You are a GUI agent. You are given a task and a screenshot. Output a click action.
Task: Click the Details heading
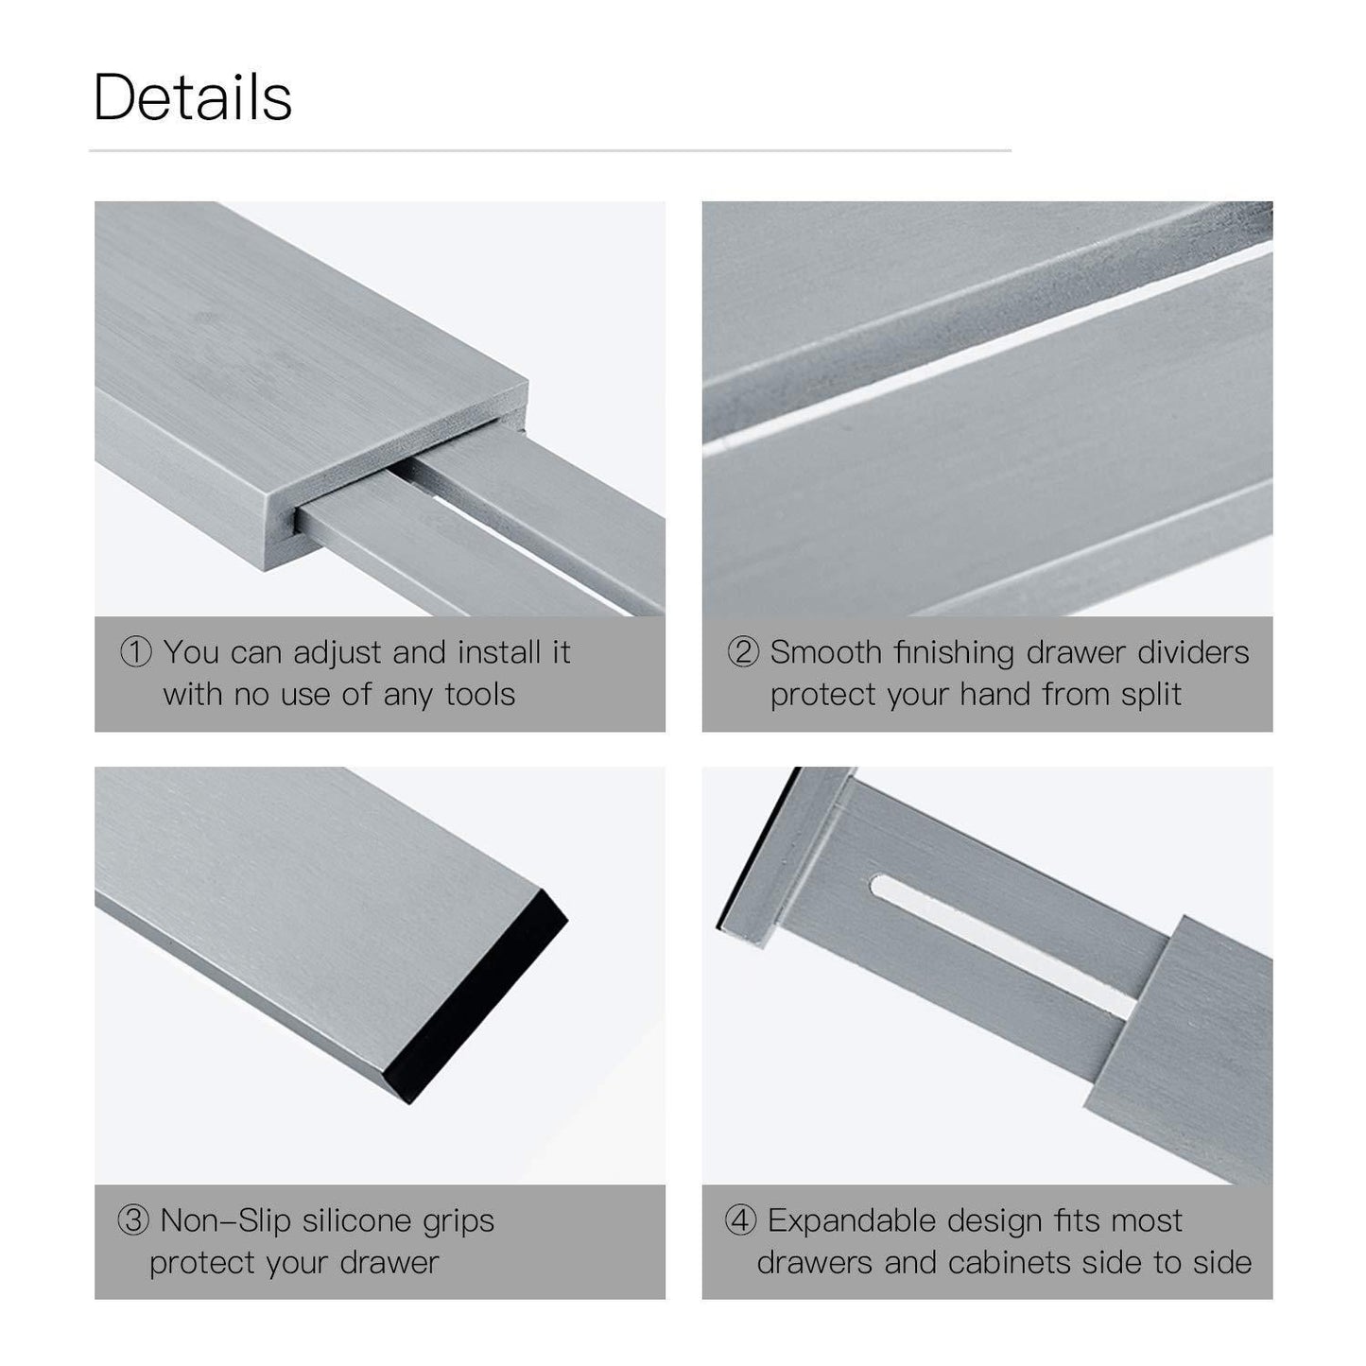[x=193, y=97]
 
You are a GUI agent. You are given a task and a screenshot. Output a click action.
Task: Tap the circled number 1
[x=135, y=651]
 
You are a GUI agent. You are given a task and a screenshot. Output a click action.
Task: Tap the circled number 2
[x=743, y=651]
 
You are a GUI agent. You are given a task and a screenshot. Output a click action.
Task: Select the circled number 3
[x=133, y=1220]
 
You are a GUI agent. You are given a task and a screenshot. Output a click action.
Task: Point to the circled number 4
[x=740, y=1220]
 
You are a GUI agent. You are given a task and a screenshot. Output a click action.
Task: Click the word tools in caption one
[x=480, y=694]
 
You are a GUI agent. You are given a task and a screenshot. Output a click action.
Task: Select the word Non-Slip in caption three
[x=225, y=1220]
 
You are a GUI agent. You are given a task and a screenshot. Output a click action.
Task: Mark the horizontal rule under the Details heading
[x=550, y=150]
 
